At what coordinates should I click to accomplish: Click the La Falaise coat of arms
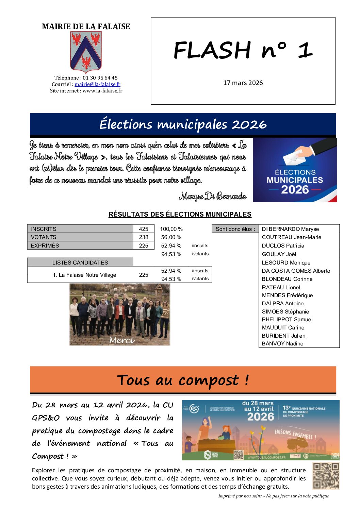pos(86,52)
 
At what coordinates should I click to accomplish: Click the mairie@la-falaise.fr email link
pos(97,84)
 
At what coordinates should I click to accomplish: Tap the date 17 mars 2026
pos(243,83)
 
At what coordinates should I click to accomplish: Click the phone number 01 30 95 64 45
pos(100,78)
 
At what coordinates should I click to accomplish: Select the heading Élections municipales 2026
pos(183,124)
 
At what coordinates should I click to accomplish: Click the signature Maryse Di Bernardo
pos(213,197)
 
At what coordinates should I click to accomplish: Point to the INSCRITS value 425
pos(144,229)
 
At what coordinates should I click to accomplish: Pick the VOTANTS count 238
pos(144,237)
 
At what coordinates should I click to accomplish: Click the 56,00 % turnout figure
pos(171,237)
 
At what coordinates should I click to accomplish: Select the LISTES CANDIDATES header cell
pos(80,262)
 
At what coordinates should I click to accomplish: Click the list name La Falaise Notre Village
pos(84,275)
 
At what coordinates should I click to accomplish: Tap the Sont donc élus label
pos(235,229)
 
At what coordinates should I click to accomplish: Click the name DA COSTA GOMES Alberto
pos(296,271)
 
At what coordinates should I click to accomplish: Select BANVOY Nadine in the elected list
pos(282,344)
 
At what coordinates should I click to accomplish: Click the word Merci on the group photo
pos(122,340)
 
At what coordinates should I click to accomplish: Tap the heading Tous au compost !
pos(183,380)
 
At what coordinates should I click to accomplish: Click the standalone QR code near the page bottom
pos(326,476)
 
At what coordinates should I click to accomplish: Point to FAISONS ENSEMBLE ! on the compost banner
pos(295,434)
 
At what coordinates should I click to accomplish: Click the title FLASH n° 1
pos(243,50)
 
